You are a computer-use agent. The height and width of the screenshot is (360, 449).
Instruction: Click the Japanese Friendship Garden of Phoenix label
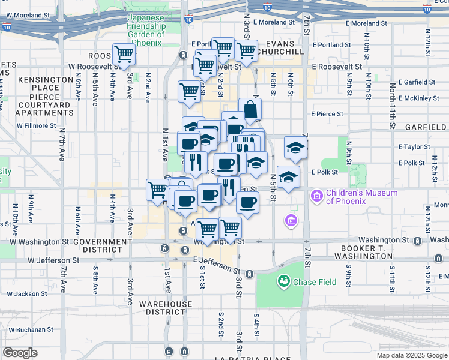click(x=146, y=31)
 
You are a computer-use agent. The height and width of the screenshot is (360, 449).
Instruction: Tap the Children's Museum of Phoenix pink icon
click(x=316, y=196)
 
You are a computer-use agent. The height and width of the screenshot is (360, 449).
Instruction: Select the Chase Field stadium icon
click(x=283, y=281)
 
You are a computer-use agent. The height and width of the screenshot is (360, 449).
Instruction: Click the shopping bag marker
click(x=250, y=110)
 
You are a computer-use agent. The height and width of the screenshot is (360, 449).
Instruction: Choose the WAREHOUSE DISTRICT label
click(x=166, y=308)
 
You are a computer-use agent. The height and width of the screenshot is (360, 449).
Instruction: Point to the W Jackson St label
click(x=25, y=294)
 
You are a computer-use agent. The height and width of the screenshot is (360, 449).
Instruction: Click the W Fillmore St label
click(x=36, y=126)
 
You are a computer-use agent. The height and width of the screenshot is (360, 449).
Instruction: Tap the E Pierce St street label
click(x=327, y=113)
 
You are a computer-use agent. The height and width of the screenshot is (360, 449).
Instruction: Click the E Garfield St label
click(x=416, y=82)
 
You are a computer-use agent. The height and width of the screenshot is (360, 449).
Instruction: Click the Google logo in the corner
click(x=20, y=353)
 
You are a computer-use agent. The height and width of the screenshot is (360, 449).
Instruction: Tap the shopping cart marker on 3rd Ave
click(x=123, y=55)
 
